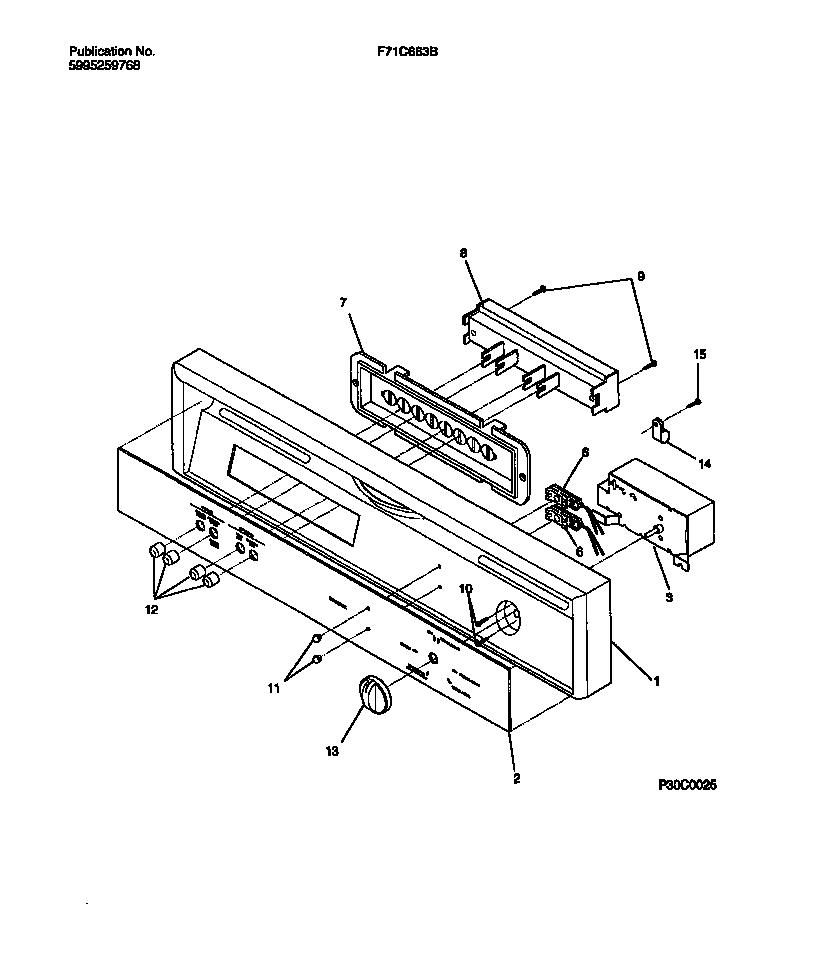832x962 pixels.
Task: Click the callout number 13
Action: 333,749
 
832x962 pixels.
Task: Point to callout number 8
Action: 464,255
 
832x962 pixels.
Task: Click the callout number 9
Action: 641,275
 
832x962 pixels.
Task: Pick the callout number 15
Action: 700,355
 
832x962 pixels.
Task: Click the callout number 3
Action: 668,597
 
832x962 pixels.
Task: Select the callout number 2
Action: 516,777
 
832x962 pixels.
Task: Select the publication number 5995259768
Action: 105,64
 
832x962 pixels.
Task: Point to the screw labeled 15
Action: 698,401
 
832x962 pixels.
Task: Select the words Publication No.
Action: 113,50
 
